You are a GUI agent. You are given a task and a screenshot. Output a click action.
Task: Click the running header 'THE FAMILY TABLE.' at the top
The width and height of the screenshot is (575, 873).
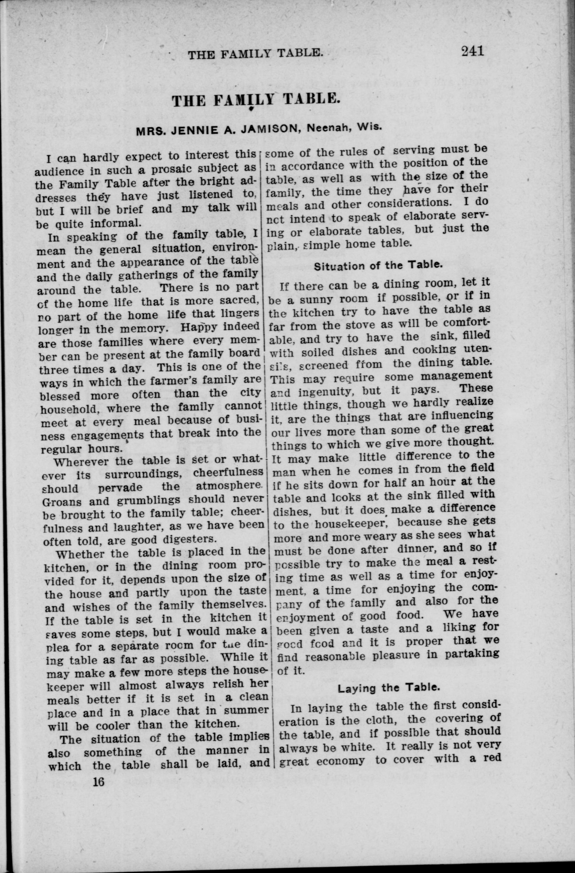pyautogui.click(x=255, y=54)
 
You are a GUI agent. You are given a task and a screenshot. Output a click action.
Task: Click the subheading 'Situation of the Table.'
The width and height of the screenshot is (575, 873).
pyautogui.click(x=377, y=266)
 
